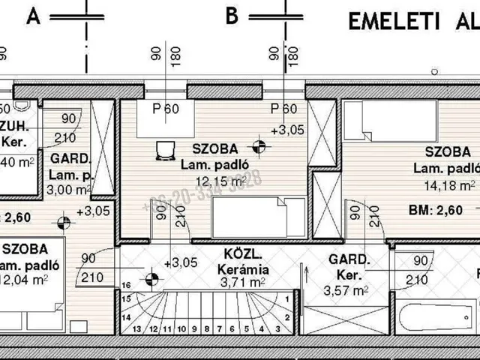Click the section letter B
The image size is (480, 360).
pos(232,14)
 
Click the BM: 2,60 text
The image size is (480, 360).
pos(442,210)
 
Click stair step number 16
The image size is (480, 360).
pos(125,286)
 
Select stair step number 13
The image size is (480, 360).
pos(136,328)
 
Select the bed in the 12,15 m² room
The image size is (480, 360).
pos(258,217)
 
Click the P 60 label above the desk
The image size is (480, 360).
pos(165,108)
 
